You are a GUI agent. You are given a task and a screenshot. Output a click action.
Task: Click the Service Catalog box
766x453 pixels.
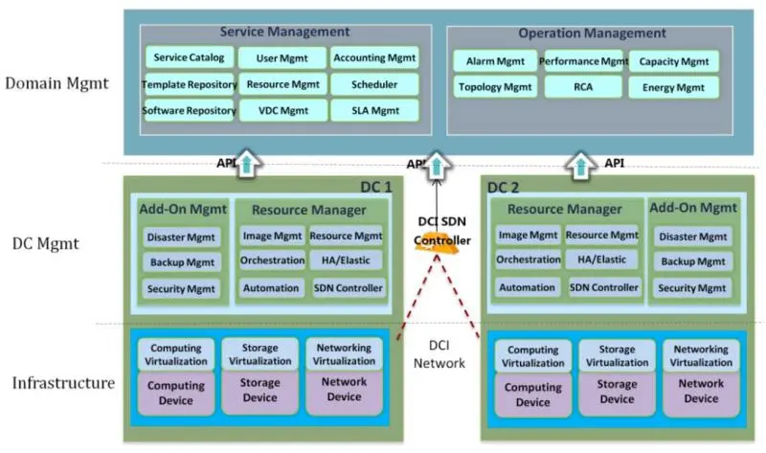(x=189, y=57)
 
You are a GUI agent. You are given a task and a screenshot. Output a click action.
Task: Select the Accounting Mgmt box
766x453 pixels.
(x=374, y=57)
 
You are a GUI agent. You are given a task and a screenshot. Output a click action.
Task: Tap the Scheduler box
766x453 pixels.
(x=374, y=84)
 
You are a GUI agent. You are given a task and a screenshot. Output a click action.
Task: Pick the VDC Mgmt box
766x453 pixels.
(x=282, y=111)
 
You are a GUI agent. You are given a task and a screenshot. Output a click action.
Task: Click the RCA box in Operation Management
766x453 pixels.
(x=583, y=87)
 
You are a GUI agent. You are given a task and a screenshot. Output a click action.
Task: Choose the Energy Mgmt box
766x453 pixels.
(x=674, y=87)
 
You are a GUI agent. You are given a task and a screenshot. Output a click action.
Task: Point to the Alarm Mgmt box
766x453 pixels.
(x=495, y=61)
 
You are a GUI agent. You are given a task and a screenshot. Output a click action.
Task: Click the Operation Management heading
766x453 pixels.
(x=592, y=34)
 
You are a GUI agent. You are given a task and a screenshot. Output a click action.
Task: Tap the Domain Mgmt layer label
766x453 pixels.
(x=56, y=83)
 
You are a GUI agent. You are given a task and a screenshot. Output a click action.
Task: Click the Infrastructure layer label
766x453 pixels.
(x=63, y=383)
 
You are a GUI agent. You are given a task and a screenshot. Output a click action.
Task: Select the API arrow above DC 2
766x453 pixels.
(x=580, y=165)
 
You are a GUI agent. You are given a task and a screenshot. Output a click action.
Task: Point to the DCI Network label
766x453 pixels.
(x=439, y=354)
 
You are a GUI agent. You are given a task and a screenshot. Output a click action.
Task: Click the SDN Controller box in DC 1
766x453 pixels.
(x=348, y=288)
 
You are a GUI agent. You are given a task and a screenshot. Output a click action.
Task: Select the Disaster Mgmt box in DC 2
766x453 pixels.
(x=692, y=237)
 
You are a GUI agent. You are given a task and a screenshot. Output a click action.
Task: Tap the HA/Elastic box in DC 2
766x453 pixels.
(x=602, y=260)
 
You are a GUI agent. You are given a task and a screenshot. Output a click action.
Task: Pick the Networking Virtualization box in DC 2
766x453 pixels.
(x=701, y=355)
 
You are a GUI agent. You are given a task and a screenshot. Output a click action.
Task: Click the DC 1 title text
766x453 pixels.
(x=375, y=187)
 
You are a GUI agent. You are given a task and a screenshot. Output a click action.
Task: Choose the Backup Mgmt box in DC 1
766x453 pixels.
(x=182, y=262)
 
